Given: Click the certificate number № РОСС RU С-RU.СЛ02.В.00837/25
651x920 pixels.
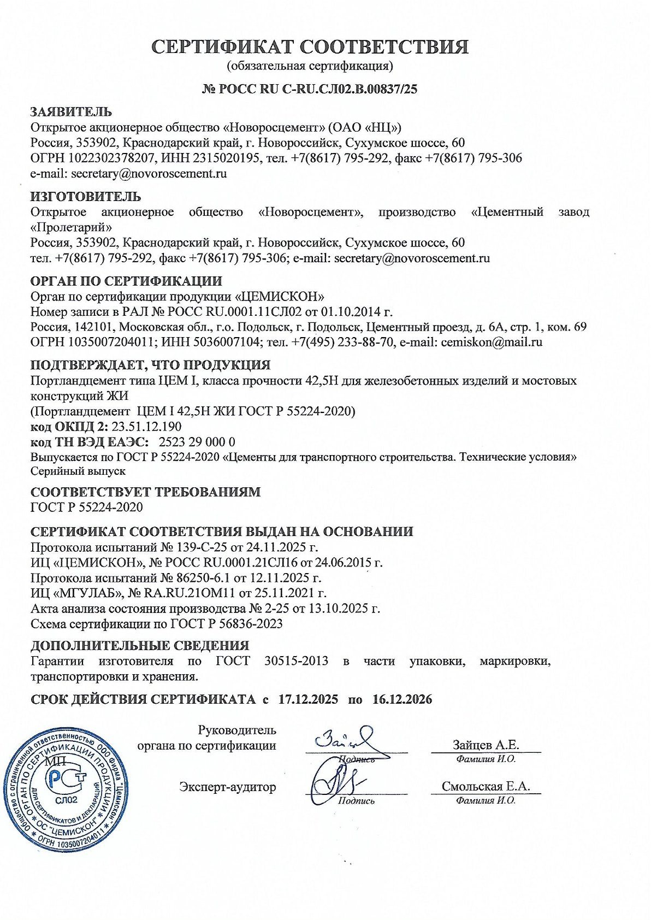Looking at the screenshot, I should (x=310, y=89).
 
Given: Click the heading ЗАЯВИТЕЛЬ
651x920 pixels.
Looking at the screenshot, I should (x=71, y=112).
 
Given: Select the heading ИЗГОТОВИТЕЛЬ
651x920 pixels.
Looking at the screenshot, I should (x=86, y=197).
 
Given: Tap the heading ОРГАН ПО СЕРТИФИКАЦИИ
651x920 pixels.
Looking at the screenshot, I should (x=126, y=281).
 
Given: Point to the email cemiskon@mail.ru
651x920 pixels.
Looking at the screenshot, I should (x=492, y=343).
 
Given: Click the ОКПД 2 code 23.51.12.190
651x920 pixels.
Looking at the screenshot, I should (x=146, y=427).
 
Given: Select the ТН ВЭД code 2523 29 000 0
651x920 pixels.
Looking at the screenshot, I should (x=197, y=442).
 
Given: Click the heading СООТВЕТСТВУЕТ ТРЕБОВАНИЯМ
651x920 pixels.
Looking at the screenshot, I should (x=145, y=492).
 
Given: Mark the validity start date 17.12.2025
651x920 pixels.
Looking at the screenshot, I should (x=308, y=699).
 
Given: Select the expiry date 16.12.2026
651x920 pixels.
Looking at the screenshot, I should (x=403, y=699).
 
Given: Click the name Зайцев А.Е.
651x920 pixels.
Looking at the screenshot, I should (x=486, y=745).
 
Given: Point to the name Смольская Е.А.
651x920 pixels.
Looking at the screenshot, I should (x=486, y=787).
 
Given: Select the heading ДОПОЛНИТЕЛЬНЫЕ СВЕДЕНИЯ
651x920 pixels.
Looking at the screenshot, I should (x=140, y=646).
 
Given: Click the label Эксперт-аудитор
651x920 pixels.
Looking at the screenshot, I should (x=228, y=787).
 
